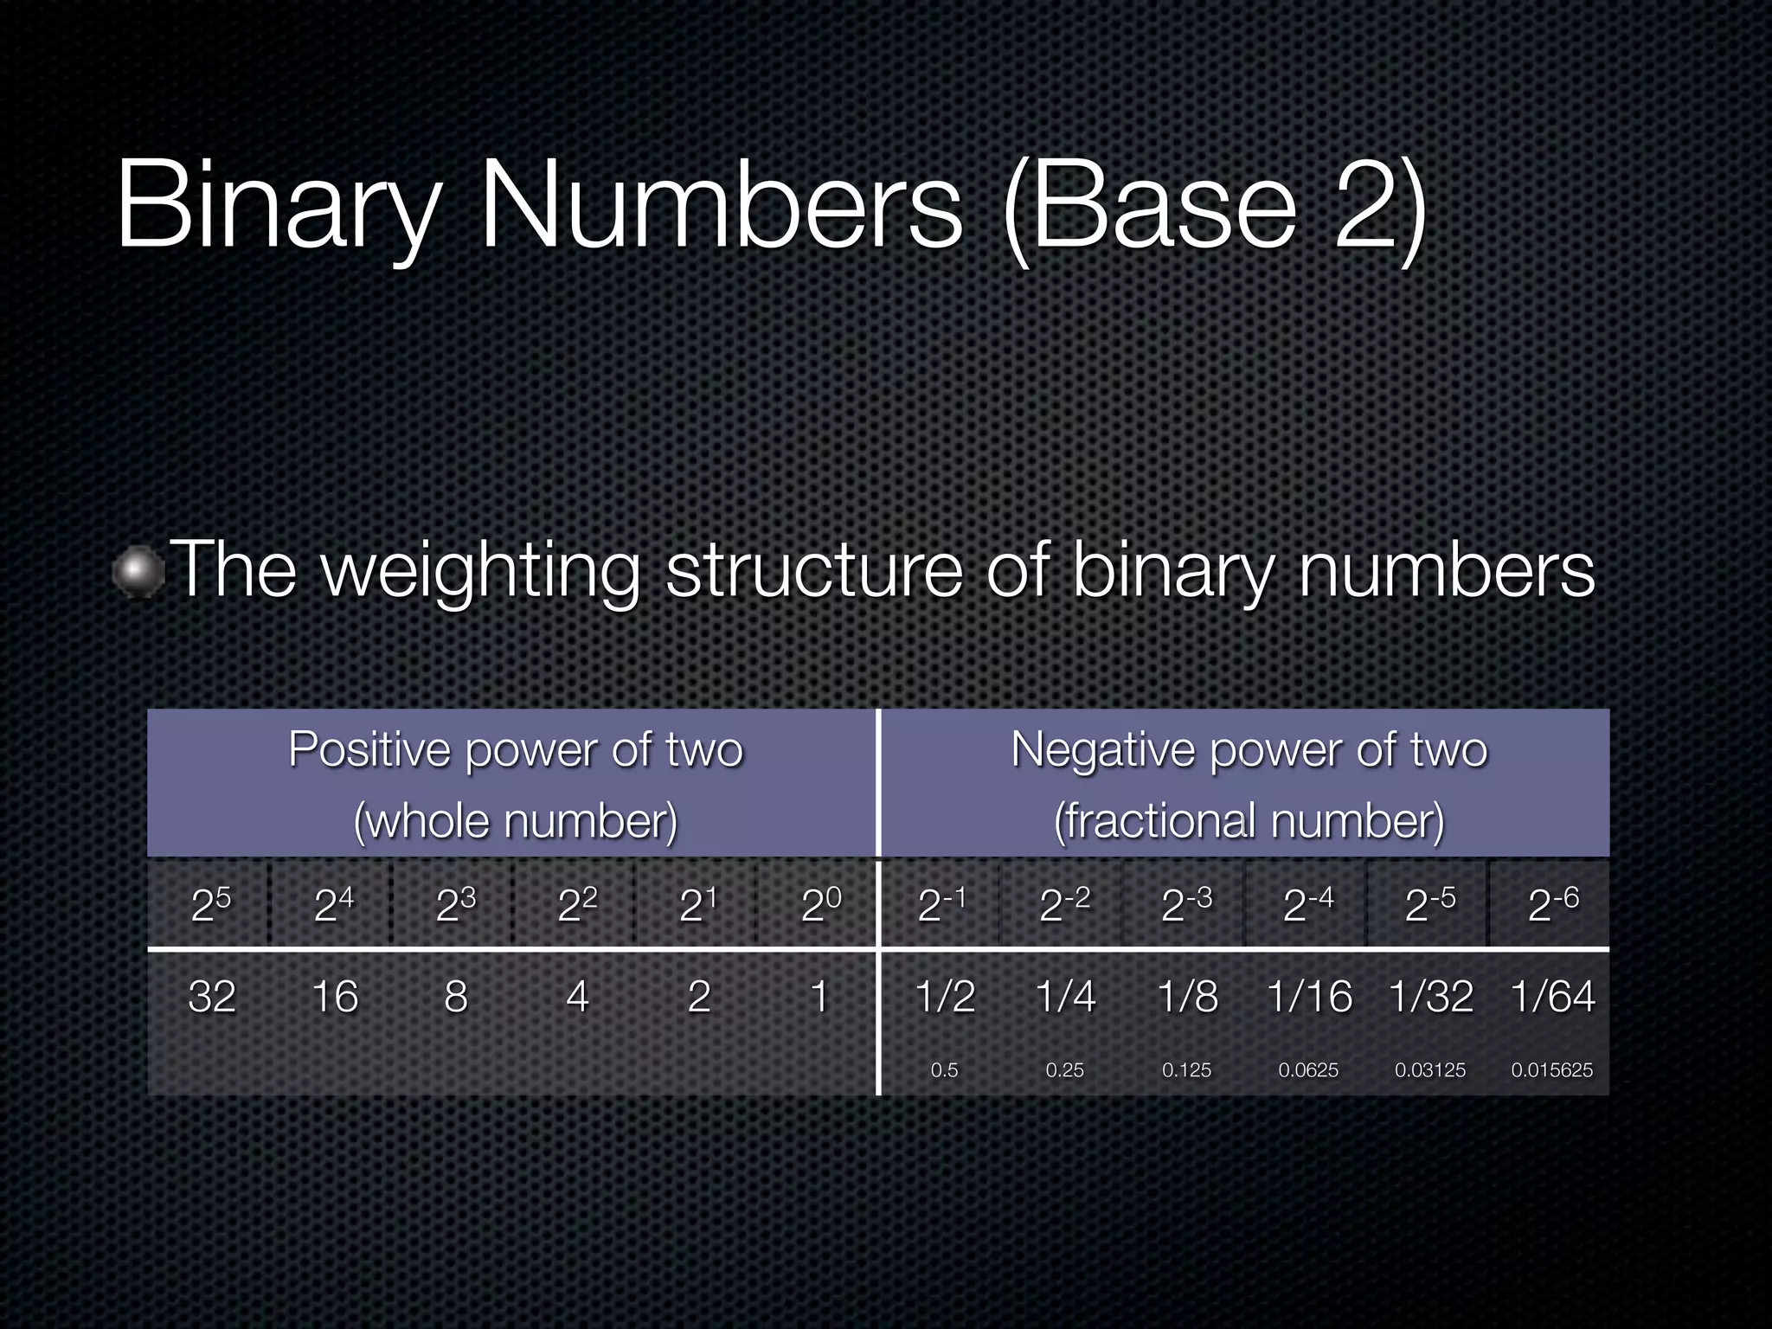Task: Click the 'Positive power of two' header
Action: [x=516, y=749]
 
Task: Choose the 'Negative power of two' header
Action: [x=1249, y=749]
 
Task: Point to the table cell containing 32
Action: [x=212, y=996]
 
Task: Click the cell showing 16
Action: [x=335, y=996]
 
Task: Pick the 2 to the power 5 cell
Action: [x=211, y=905]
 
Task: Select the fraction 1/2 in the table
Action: [x=945, y=996]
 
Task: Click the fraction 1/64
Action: [x=1552, y=996]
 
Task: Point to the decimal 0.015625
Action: [x=1551, y=1070]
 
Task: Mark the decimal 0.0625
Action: [x=1308, y=1070]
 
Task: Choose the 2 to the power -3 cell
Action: [x=1186, y=905]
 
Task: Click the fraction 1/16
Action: [x=1309, y=996]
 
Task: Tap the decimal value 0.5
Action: [x=944, y=1070]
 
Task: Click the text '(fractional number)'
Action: [x=1249, y=820]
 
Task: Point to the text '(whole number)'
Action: [x=516, y=820]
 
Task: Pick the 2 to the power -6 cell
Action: [x=1553, y=905]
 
